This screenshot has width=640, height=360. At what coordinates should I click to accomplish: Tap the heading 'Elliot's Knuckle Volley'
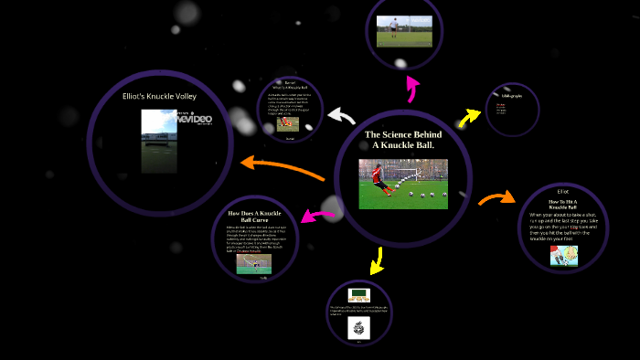(159, 95)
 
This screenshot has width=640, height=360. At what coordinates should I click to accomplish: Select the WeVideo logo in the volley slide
(193, 120)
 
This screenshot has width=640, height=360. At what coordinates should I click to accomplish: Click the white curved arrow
(341, 116)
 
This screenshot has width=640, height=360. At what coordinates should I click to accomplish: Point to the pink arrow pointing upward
(412, 89)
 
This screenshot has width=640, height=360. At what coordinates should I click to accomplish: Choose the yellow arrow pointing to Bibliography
(470, 116)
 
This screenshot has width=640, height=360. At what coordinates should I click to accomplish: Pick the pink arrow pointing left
(316, 217)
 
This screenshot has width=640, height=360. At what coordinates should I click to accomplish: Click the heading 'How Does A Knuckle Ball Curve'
(253, 217)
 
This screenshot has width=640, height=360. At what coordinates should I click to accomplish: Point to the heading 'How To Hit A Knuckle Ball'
(563, 205)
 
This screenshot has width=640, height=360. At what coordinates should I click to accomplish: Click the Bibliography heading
(511, 95)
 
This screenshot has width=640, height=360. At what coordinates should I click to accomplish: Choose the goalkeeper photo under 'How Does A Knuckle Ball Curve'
(253, 264)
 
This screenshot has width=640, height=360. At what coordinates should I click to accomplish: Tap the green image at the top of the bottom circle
(358, 294)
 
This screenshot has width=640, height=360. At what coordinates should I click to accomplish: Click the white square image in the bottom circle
(358, 329)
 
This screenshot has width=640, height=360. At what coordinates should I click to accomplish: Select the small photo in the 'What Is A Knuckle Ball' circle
(290, 122)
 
